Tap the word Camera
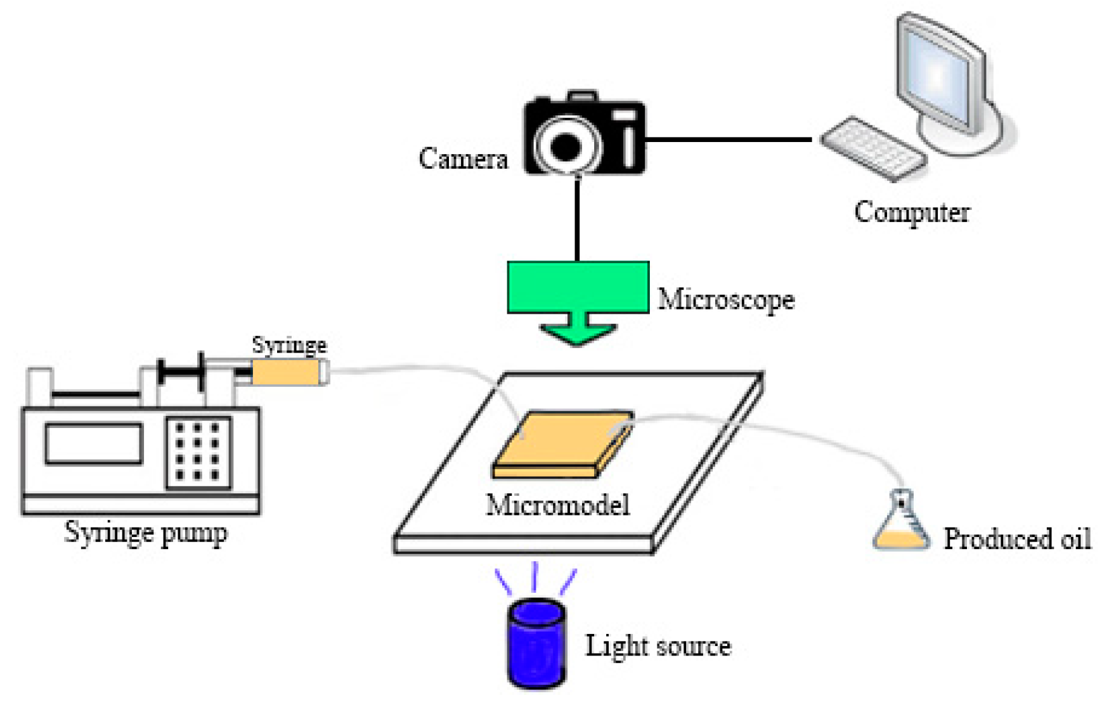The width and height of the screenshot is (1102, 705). point(463,158)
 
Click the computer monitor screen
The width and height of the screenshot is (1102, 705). point(938,76)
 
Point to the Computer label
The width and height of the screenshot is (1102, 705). point(912,212)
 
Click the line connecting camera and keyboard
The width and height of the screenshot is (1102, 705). point(729,139)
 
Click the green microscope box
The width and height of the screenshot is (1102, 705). point(578,287)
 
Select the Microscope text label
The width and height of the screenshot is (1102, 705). point(725,299)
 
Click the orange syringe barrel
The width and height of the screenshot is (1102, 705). point(285,373)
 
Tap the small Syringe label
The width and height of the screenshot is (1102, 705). point(289,345)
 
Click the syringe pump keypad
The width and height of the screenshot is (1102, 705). point(198,451)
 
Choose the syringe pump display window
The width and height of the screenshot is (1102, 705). point(93,444)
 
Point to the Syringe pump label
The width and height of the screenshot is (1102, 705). point(146,533)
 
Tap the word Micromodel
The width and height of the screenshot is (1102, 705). point(557,505)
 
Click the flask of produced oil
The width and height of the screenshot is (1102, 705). point(900,526)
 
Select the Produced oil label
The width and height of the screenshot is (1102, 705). point(1017,539)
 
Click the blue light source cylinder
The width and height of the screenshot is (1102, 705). point(536,644)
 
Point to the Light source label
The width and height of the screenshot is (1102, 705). point(658,646)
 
